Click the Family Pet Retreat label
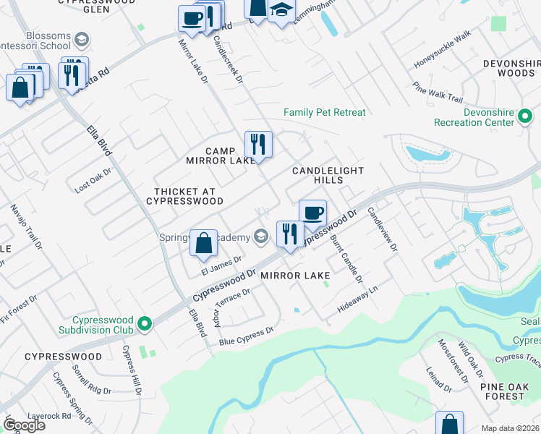324,112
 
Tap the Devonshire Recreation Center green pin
526,116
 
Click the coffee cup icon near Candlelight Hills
312,213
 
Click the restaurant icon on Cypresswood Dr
289,234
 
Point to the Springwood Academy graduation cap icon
260,237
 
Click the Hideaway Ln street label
358,299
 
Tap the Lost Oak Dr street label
93,181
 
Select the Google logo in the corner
24,425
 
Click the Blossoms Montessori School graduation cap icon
82,39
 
